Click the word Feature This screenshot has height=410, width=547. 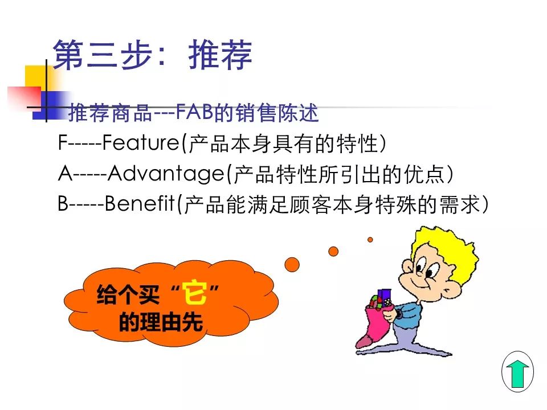141,142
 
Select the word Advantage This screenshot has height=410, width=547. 166,174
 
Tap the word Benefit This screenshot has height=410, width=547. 140,203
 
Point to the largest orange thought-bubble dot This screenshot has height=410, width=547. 292,265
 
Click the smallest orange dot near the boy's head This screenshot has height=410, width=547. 370,240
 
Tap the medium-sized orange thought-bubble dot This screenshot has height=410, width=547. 333,251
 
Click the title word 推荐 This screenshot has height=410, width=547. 220,55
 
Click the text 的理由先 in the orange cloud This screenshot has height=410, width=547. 161,322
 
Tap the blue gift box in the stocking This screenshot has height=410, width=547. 385,297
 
